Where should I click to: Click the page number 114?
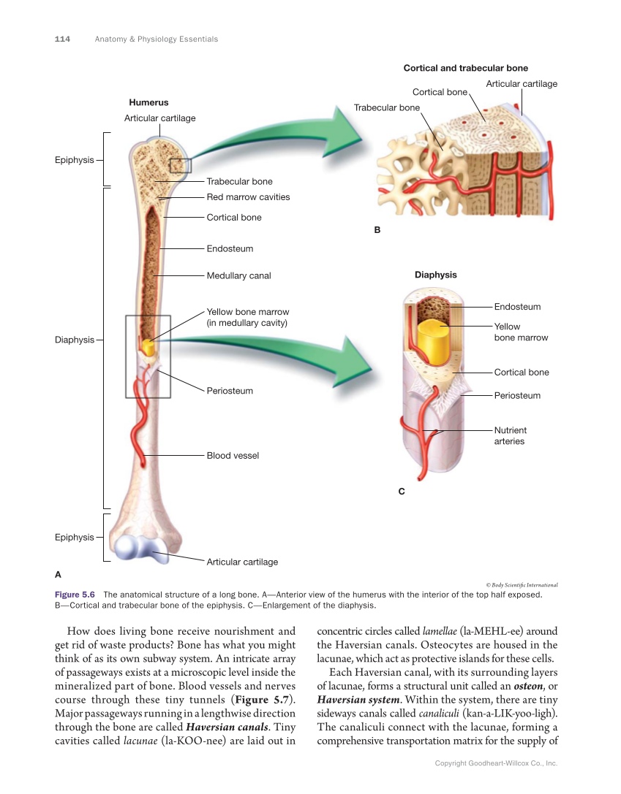[62, 39]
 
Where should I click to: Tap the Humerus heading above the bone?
[148, 103]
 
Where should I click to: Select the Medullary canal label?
[238, 276]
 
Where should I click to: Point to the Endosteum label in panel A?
[230, 249]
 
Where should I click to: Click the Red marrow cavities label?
[248, 197]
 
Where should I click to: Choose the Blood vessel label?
[233, 456]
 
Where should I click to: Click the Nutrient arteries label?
[510, 436]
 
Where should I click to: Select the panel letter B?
[377, 230]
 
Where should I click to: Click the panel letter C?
[401, 492]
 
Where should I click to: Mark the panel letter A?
[59, 574]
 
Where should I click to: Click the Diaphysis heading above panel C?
[435, 275]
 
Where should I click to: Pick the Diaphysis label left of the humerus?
[75, 340]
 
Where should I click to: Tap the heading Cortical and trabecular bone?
[465, 69]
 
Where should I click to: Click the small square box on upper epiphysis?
[180, 165]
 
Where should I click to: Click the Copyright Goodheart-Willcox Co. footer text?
[496, 763]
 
